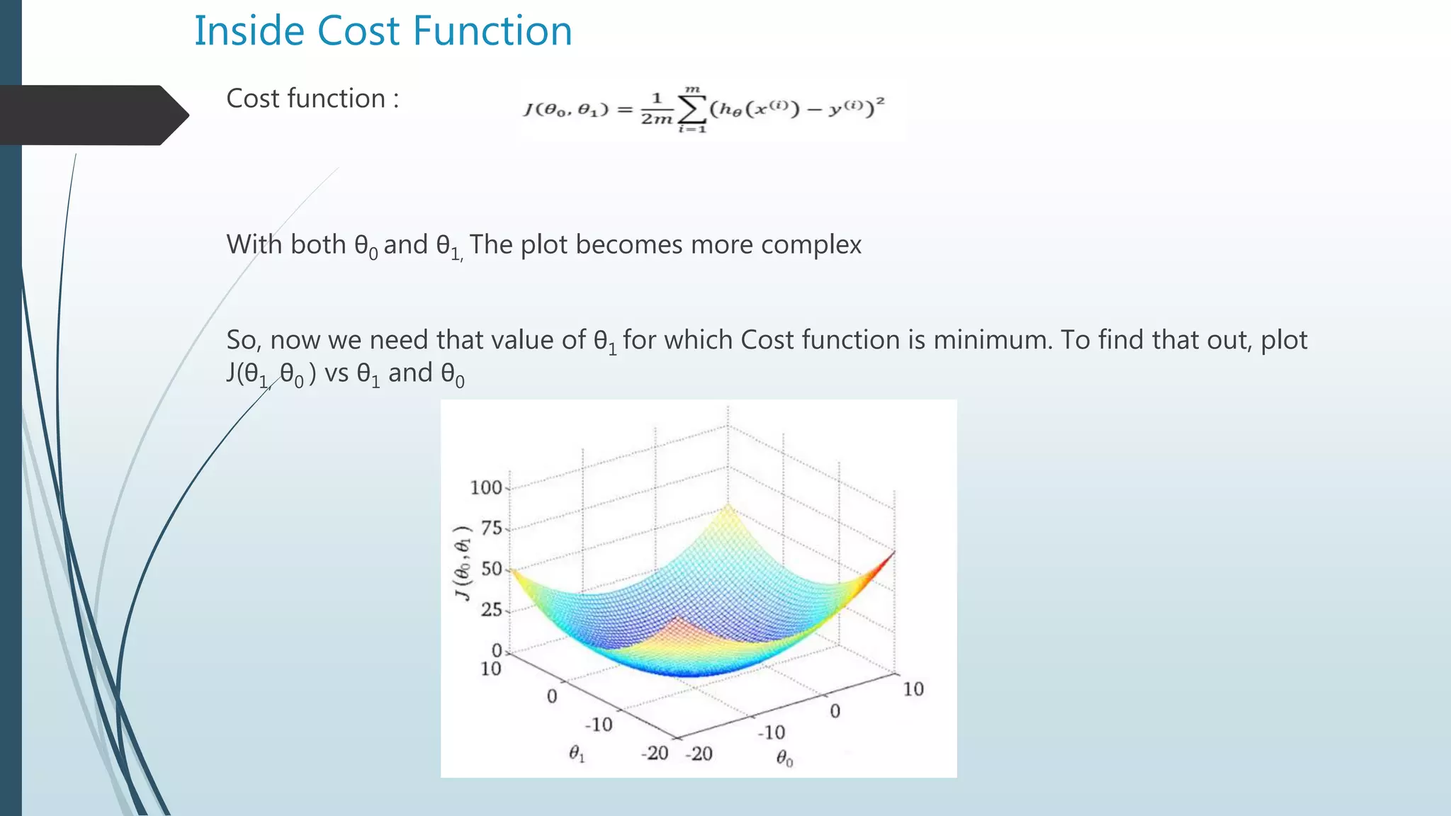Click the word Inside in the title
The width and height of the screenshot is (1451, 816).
click(249, 31)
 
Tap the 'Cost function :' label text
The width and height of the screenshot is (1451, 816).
click(312, 98)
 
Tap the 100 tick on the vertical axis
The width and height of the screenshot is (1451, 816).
click(486, 488)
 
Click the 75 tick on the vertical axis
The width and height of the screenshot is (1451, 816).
click(491, 528)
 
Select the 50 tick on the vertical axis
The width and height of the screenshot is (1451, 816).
click(491, 569)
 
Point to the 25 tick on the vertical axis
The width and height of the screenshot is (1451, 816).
click(491, 610)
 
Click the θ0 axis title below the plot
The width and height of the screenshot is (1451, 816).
click(784, 759)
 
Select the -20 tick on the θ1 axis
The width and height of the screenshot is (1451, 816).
click(655, 753)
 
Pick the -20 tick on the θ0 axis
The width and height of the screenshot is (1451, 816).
click(699, 754)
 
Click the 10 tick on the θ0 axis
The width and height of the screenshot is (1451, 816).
click(913, 689)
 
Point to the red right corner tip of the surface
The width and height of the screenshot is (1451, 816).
click(893, 552)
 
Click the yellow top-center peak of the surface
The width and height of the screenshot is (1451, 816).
click(728, 506)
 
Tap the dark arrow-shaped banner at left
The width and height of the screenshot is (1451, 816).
click(92, 115)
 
